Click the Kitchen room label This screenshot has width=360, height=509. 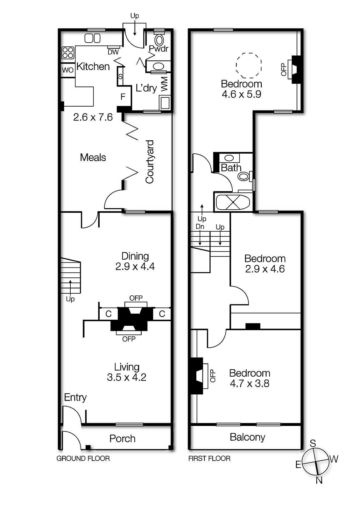[x=93, y=66]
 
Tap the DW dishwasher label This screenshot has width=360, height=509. [x=113, y=52]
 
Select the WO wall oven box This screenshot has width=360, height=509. [x=68, y=70]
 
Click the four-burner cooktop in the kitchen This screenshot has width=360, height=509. [x=68, y=52]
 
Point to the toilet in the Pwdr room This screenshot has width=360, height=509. [x=159, y=40]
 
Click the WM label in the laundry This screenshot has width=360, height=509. [x=164, y=84]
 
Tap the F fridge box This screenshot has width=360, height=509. [x=123, y=97]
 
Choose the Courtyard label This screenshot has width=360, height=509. [x=150, y=162]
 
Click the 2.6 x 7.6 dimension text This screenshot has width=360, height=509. [x=93, y=117]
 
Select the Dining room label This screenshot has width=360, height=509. [x=135, y=256]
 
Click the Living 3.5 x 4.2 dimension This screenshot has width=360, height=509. [x=127, y=377]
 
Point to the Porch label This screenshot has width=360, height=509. [x=122, y=438]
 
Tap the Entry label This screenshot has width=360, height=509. [x=75, y=397]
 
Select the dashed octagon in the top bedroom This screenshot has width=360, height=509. [x=249, y=66]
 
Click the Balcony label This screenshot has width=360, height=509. [x=247, y=437]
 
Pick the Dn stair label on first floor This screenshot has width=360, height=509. [x=200, y=227]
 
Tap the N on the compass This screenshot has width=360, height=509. [x=319, y=480]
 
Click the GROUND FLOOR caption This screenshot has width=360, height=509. [x=83, y=458]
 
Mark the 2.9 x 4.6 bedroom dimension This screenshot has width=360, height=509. [x=265, y=269]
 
